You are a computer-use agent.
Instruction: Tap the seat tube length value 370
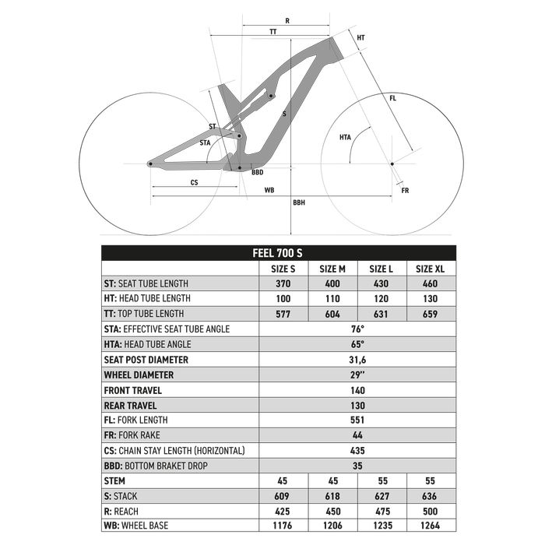(283, 283)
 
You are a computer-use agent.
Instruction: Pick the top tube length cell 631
(381, 314)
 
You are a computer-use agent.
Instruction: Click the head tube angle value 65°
(357, 344)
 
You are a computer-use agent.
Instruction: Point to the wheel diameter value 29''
(357, 374)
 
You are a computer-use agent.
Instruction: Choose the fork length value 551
(357, 420)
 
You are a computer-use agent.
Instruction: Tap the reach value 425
(283, 511)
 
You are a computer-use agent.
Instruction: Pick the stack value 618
(332, 495)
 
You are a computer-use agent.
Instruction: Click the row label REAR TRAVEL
(131, 405)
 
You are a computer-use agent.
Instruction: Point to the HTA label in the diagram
(345, 137)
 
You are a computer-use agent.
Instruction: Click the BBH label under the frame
(299, 202)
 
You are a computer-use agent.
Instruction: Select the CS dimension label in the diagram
(194, 182)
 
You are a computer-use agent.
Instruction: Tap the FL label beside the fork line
(392, 98)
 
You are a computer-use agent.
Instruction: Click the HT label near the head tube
(360, 37)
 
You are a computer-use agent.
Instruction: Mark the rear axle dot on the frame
(149, 163)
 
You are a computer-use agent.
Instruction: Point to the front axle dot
(392, 163)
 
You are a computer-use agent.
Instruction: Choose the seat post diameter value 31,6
(357, 360)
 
